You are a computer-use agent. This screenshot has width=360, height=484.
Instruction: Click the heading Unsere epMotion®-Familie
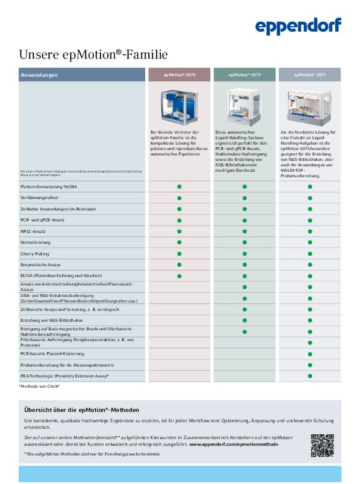[x=93, y=55]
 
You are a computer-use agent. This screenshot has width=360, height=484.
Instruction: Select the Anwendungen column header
[x=39, y=75]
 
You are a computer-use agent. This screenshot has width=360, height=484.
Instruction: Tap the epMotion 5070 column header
[x=179, y=75]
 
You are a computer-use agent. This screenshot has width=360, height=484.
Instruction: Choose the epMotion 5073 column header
[x=245, y=75]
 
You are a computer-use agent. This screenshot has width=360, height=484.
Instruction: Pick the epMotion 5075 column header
[x=310, y=75]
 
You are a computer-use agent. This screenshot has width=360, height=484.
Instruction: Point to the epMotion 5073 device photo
[x=245, y=107]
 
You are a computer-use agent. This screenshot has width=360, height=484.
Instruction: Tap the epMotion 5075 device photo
[x=310, y=107]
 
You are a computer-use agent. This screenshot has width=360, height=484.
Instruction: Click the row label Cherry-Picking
[x=37, y=253]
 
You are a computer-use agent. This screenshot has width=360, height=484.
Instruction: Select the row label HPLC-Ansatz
[x=34, y=231]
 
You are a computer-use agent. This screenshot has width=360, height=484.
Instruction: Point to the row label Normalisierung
[x=35, y=242]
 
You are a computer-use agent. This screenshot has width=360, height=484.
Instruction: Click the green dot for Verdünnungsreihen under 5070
[x=179, y=197]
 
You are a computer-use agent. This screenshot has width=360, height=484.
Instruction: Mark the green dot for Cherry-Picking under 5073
[x=245, y=253]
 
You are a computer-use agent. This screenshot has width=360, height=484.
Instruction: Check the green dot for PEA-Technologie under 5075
[x=310, y=376]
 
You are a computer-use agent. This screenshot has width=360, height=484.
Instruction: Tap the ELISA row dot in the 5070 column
[x=179, y=276]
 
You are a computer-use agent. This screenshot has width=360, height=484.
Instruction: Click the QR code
[x=322, y=445]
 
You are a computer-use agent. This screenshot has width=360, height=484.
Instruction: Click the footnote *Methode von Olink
[x=39, y=387]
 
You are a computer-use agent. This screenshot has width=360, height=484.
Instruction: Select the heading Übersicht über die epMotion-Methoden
[x=81, y=410]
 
